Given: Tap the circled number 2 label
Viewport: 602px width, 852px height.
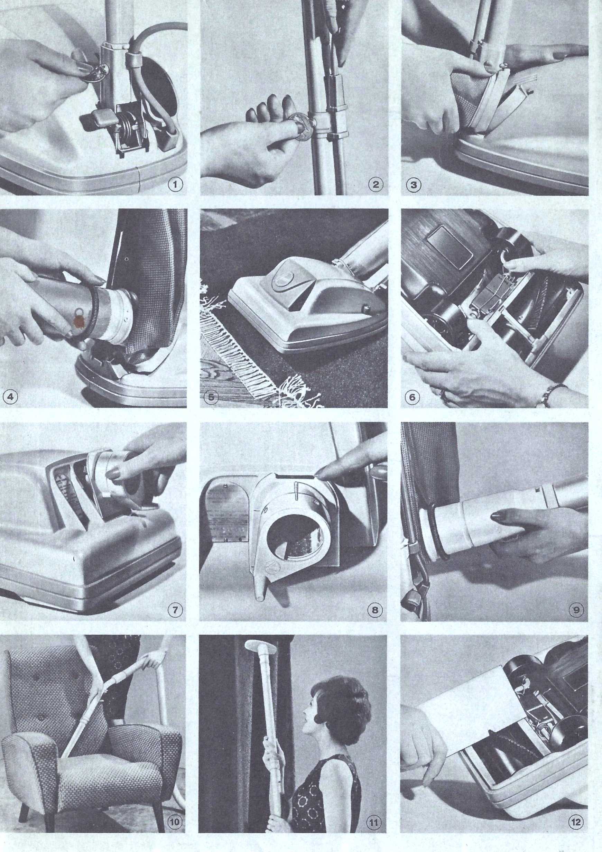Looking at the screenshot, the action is point(376,184).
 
